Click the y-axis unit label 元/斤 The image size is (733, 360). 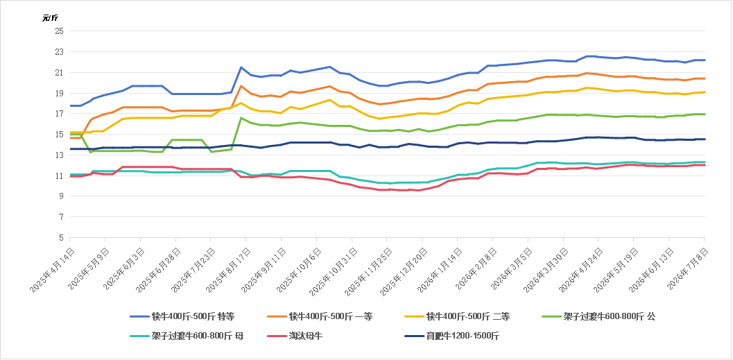click(x=49, y=18)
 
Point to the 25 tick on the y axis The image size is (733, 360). click(x=60, y=31)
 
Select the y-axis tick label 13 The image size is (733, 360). click(x=60, y=155)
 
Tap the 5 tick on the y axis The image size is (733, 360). click(x=61, y=238)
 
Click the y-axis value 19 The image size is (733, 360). click(x=60, y=93)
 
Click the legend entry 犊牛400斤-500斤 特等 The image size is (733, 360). click(x=182, y=316)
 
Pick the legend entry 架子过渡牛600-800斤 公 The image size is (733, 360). click(x=598, y=316)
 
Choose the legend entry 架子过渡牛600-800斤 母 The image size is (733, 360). click(x=187, y=336)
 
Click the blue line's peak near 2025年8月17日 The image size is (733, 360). click(x=241, y=67)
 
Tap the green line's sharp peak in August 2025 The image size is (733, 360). click(x=241, y=118)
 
